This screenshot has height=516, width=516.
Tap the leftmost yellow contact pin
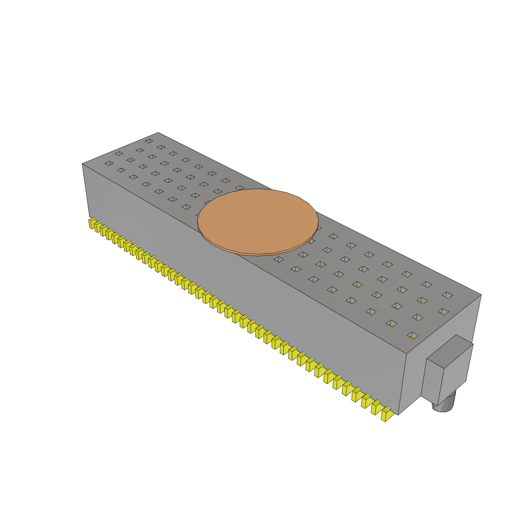92,223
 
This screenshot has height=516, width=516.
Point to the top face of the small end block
450,351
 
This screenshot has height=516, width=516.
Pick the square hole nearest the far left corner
149,141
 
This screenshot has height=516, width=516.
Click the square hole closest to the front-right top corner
413,335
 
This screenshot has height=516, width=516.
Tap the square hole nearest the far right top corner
447,295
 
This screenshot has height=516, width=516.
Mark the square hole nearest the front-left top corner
109,163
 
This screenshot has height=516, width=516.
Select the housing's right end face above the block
443,322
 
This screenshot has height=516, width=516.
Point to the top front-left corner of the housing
83,164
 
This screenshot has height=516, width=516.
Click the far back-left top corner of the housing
158,133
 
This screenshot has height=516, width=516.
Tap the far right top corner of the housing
481,295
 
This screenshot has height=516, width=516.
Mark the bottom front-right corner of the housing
399,415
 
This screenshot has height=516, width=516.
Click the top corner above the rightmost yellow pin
407,353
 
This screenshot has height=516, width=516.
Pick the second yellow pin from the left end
98,226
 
